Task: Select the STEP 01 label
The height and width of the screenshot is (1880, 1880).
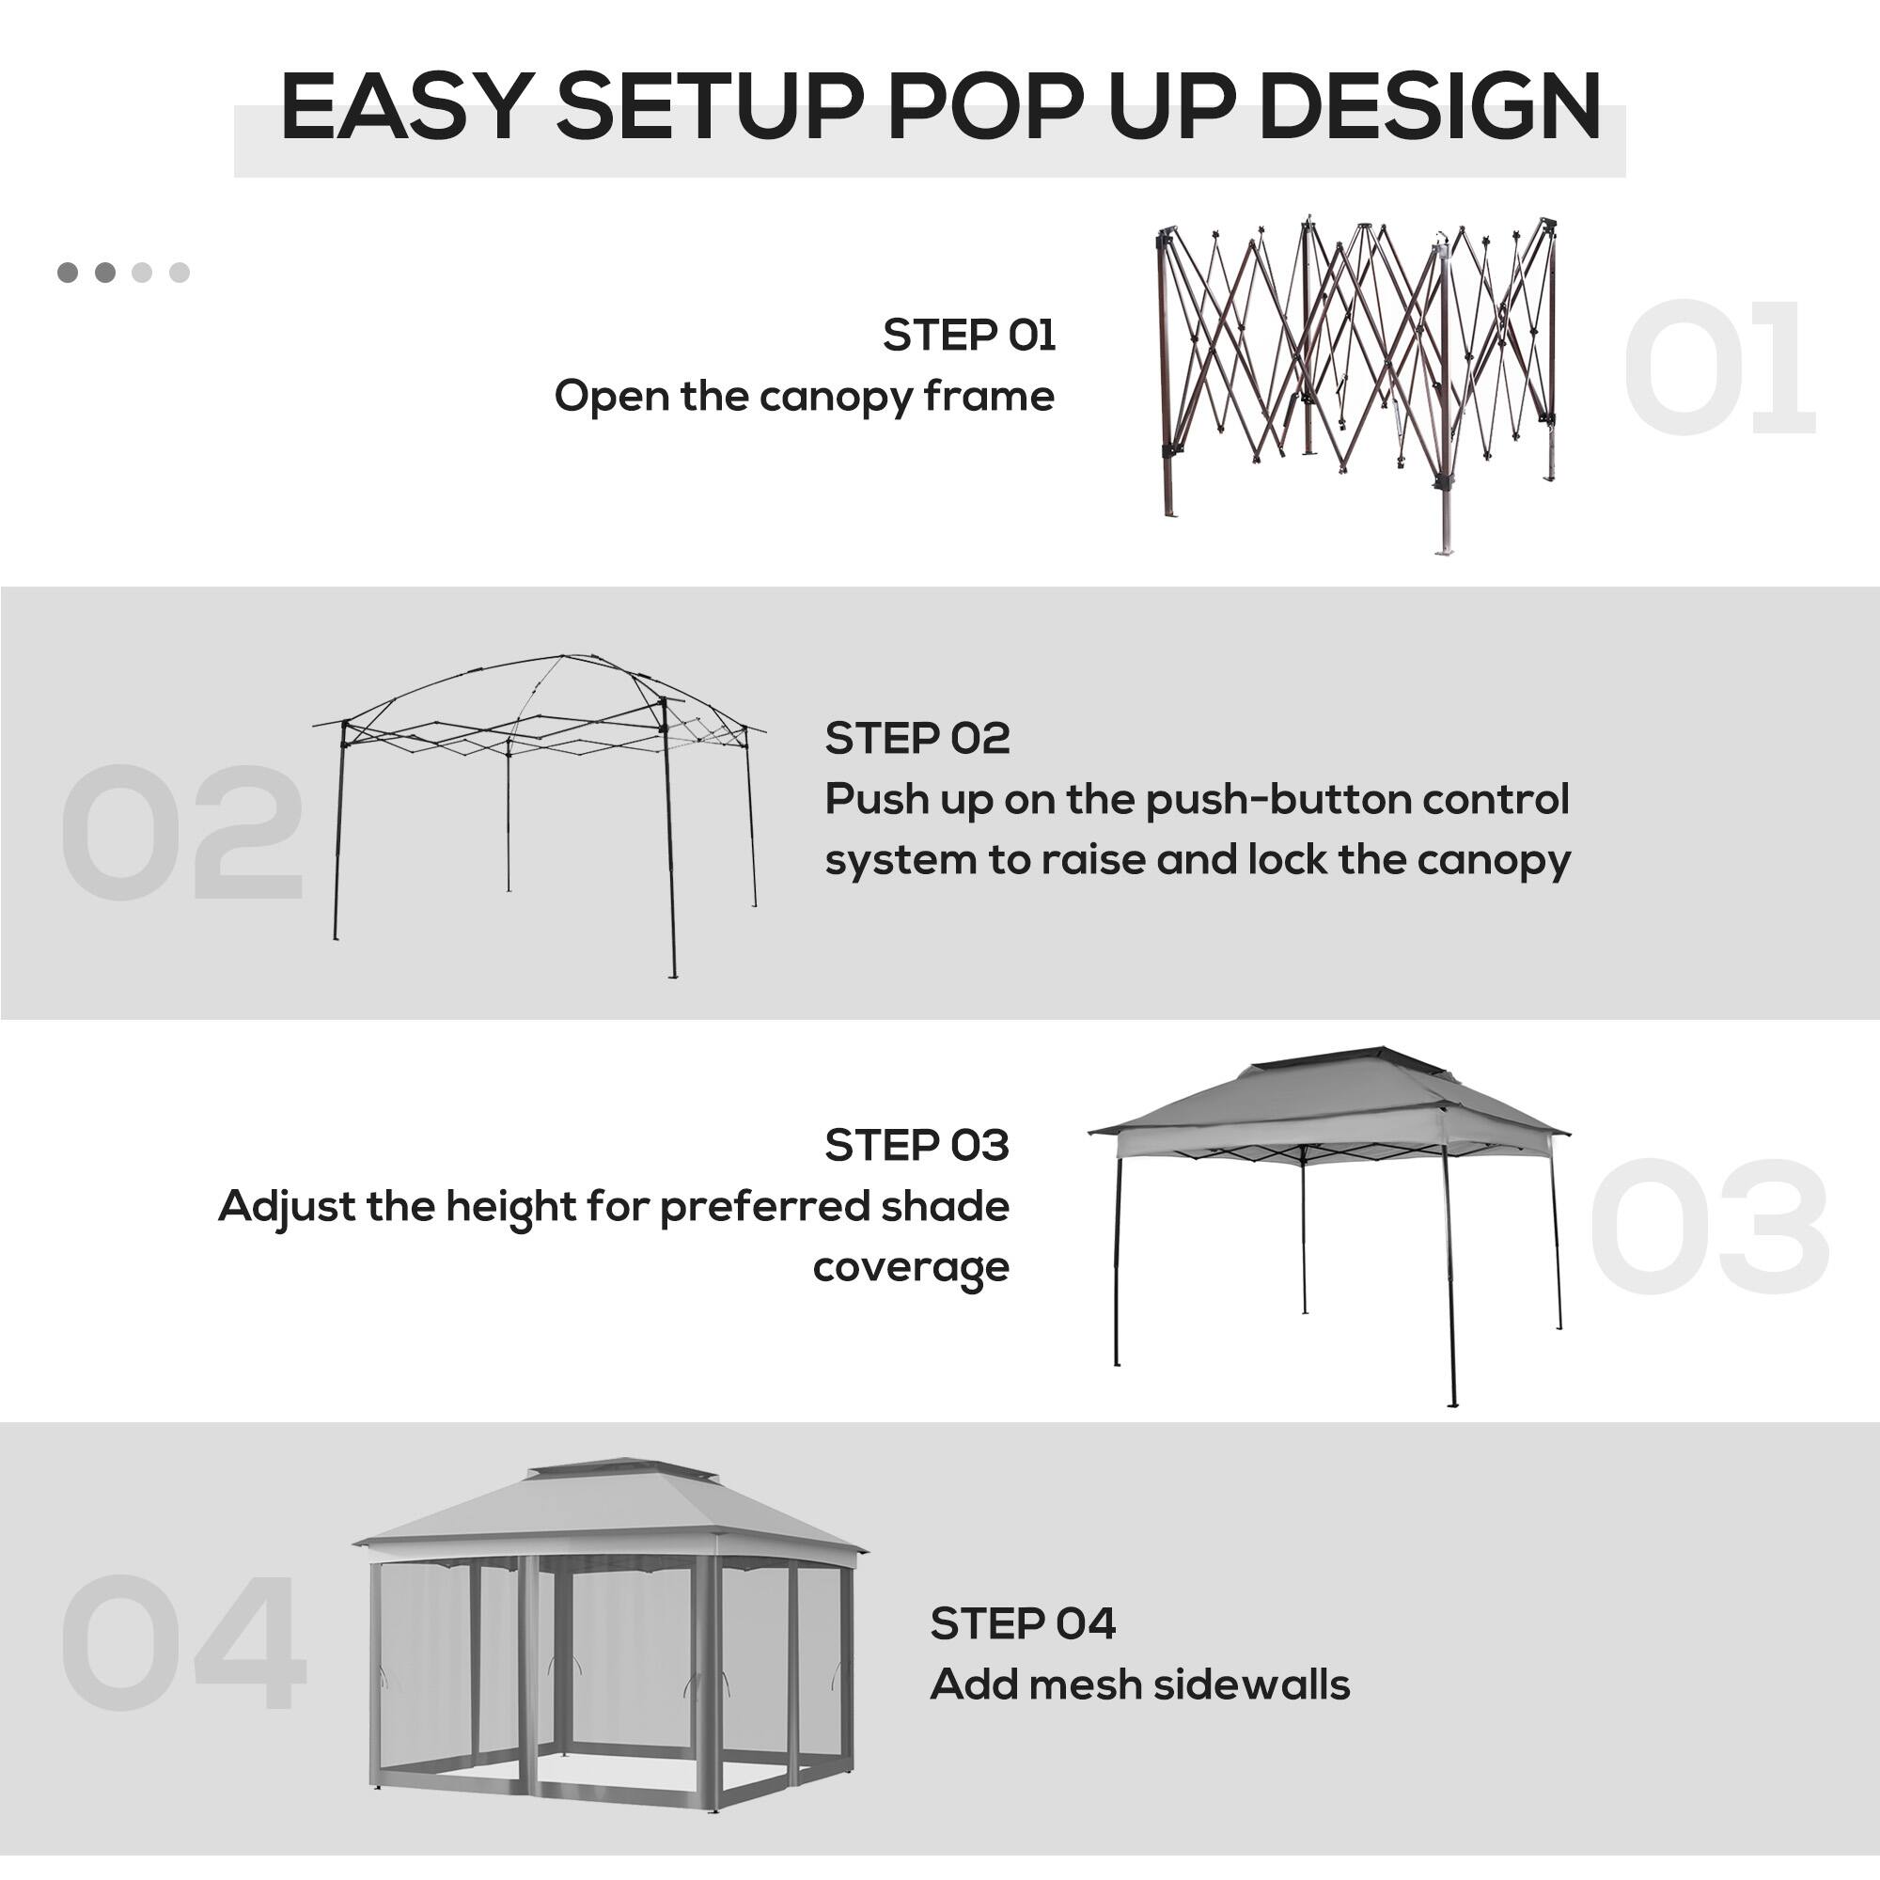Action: click(968, 336)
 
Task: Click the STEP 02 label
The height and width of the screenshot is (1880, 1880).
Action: click(916, 739)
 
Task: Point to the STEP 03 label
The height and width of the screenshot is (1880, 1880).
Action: click(916, 1145)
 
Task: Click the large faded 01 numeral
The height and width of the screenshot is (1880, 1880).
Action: click(1717, 368)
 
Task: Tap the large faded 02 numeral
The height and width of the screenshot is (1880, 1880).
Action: click(182, 833)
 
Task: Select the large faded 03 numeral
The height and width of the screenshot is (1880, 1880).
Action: click(1709, 1227)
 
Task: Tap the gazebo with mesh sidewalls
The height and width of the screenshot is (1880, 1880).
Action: click(610, 1635)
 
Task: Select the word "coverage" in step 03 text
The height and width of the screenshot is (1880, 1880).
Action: click(911, 1268)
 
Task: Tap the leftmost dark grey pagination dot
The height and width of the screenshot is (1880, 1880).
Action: click(67, 273)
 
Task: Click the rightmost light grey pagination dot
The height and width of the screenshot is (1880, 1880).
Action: click(179, 273)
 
